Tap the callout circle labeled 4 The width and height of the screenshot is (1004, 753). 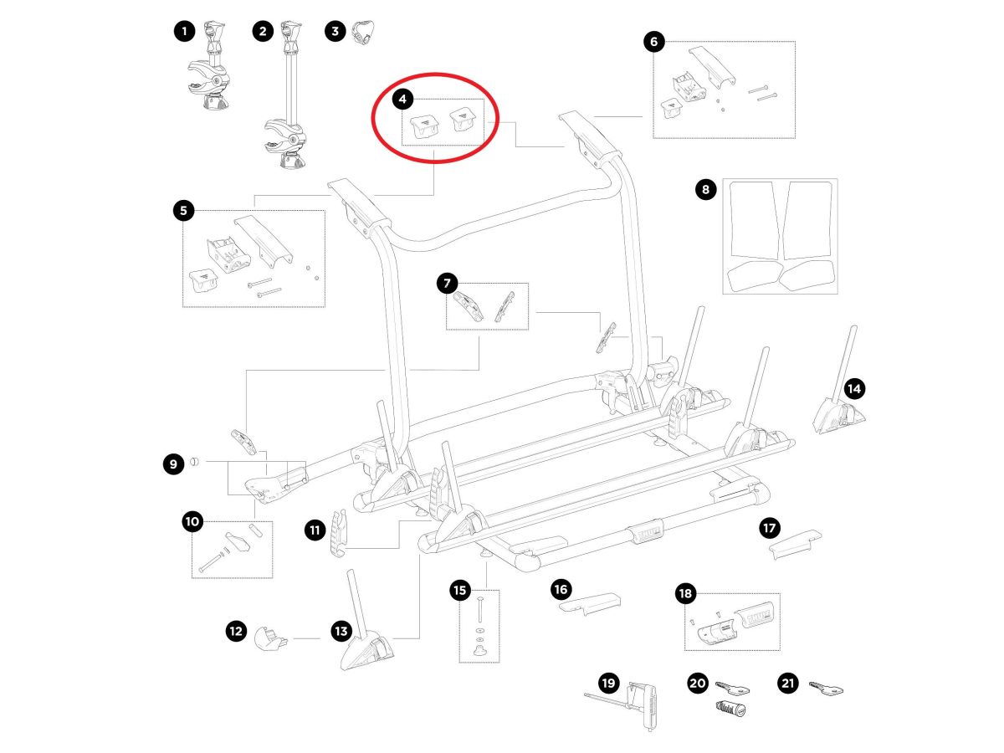click(403, 100)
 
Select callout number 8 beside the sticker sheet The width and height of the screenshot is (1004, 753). click(706, 190)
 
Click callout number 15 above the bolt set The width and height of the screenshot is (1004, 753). click(460, 591)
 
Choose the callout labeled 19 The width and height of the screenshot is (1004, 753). click(608, 684)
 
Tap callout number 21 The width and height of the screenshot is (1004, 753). click(787, 684)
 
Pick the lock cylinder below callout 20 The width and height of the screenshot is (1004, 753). click(730, 709)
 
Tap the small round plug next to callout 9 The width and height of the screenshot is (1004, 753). click(193, 461)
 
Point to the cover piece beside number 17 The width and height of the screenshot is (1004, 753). click(795, 542)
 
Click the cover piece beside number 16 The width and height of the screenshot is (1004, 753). click(588, 604)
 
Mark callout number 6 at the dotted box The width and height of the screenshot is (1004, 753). click(654, 41)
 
